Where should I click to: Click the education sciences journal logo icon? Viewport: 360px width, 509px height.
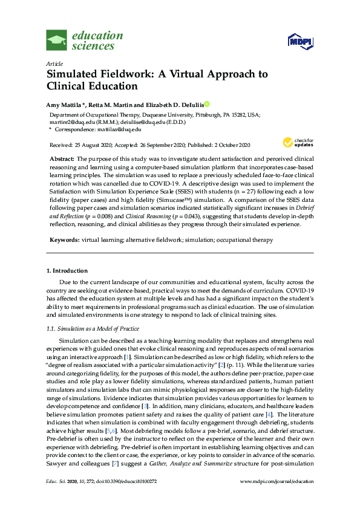pyautogui.click(x=57, y=41)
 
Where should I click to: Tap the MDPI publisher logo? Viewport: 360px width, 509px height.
pyautogui.click(x=300, y=41)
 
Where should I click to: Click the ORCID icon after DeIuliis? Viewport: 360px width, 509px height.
pyautogui.click(x=206, y=104)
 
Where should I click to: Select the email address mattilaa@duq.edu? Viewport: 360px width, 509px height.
pyautogui.click(x=120, y=129)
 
